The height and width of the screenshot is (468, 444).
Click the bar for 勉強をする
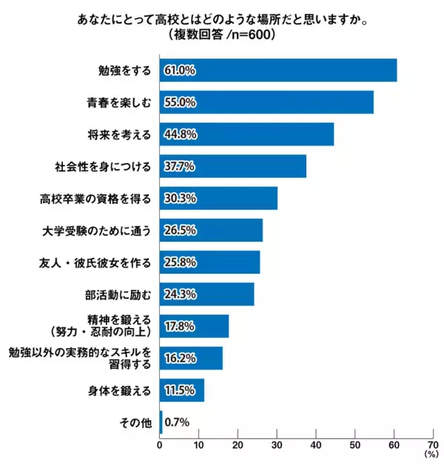[278, 70]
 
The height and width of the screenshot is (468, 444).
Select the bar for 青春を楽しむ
[266, 102]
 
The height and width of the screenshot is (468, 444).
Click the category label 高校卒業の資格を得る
[96, 198]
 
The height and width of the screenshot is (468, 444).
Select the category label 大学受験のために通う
[96, 231]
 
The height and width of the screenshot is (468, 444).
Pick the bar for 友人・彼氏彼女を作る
[209, 262]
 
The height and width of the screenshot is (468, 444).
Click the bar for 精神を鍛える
[194, 326]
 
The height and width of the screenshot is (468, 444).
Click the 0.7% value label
[176, 422]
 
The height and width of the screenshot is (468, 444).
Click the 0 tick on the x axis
[160, 444]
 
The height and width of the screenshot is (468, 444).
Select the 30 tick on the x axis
[277, 444]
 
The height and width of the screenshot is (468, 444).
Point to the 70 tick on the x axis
[433, 444]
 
